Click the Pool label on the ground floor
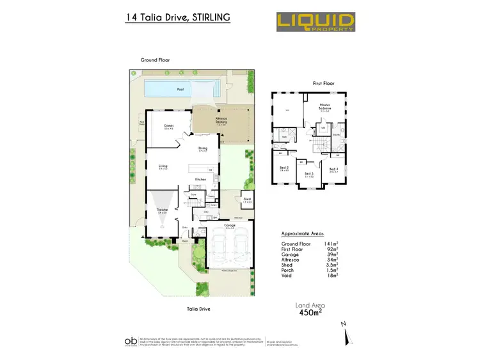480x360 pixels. [x=180, y=90]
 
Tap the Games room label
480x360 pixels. [x=169, y=126]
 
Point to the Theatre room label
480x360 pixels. [x=162, y=211]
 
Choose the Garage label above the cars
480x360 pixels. [x=230, y=226]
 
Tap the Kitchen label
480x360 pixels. [x=200, y=180]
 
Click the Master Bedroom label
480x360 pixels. [x=325, y=109]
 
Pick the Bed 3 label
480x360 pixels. [x=309, y=174]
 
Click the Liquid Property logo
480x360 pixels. [x=316, y=21]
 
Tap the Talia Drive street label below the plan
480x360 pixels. [x=197, y=309]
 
